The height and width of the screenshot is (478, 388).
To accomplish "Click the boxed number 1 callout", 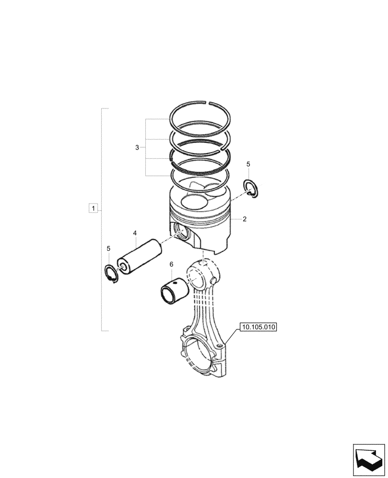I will [x=94, y=208].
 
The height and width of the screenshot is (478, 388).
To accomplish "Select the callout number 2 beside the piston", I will [x=245, y=219].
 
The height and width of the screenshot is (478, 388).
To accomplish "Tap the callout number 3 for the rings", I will [x=137, y=148].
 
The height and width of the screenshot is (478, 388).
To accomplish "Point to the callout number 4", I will [x=135, y=233].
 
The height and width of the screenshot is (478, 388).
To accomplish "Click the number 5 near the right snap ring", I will [x=248, y=164].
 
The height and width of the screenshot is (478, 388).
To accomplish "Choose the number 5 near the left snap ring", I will [x=108, y=249].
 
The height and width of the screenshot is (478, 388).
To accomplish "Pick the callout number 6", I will [x=171, y=264].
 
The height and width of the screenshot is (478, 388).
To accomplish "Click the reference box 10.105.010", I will [x=259, y=327].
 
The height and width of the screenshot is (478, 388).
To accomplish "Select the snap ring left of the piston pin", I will [x=111, y=274].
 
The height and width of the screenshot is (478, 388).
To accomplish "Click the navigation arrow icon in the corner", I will [x=368, y=460].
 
